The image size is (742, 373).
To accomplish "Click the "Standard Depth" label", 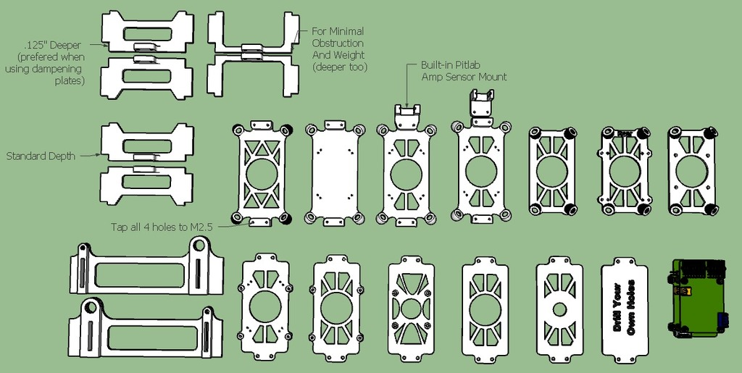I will tap(41, 156).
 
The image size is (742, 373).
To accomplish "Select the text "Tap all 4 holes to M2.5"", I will tap(160, 226).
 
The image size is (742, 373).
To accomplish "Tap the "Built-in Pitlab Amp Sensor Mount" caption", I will tap(464, 71).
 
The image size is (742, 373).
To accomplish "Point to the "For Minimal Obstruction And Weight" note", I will tap(338, 49).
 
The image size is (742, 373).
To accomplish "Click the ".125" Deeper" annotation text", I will tap(50, 45).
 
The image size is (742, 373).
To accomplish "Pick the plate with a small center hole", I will tap(559, 308).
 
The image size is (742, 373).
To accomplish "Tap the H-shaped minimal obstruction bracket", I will tap(253, 54).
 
